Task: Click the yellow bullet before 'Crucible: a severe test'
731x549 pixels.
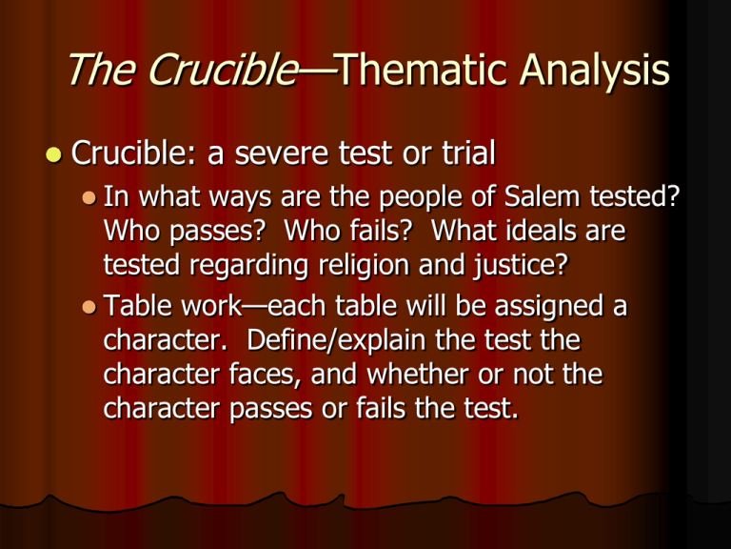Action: (54, 154)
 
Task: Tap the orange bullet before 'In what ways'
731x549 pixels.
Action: (89, 197)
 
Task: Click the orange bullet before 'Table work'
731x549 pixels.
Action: (89, 307)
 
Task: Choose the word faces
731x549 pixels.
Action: (266, 375)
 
